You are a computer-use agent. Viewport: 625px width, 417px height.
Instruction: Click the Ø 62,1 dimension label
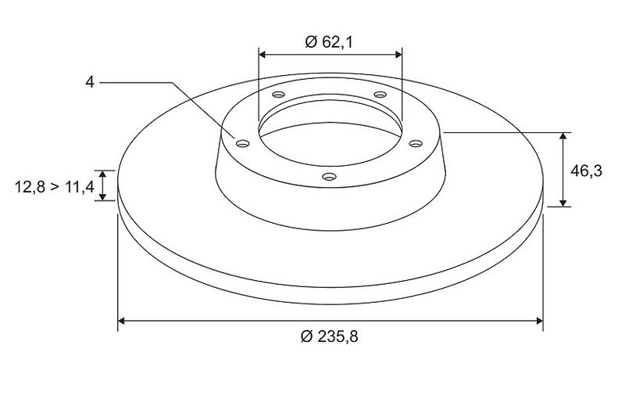click(329, 41)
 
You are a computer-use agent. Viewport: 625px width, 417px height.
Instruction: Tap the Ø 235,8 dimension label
click(329, 336)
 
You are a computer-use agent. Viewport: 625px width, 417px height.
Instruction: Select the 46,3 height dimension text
click(587, 171)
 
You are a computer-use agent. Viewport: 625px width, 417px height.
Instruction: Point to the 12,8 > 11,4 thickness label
click(54, 186)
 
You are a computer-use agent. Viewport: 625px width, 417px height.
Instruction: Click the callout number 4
click(90, 82)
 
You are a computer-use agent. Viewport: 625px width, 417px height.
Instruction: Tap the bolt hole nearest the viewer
click(329, 176)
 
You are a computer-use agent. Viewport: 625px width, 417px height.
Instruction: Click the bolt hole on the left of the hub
click(242, 143)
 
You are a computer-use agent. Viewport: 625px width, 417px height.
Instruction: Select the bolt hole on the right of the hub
click(416, 143)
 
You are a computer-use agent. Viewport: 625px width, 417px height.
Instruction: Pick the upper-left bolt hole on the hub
click(279, 95)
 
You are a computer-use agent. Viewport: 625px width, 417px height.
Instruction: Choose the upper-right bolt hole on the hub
click(380, 95)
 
